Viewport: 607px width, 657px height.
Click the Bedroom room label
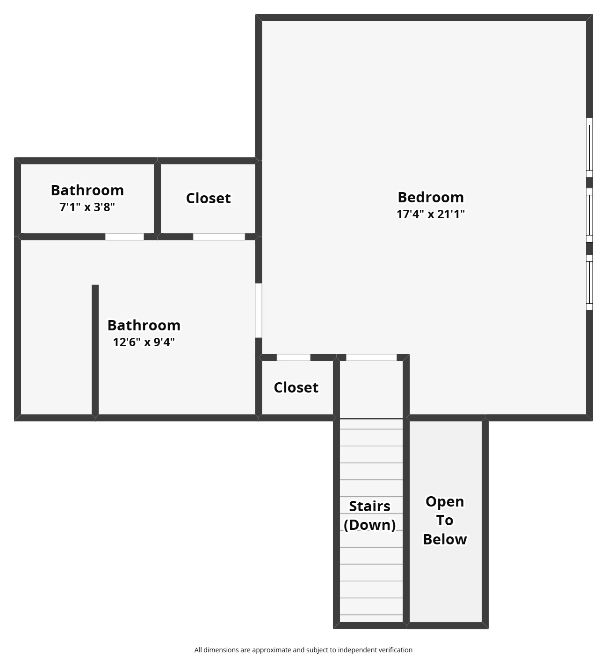430,197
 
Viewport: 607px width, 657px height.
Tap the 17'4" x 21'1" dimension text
430,214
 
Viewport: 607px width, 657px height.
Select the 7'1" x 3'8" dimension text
87,207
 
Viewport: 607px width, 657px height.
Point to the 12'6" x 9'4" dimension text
144,342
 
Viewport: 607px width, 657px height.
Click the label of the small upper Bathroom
87,190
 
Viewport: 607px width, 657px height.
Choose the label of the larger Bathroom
144,325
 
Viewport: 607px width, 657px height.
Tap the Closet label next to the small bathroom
208,198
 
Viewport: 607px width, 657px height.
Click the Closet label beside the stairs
296,387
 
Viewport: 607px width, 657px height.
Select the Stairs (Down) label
369,515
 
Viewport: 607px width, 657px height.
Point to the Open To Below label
445,520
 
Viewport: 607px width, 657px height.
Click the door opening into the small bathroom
124,237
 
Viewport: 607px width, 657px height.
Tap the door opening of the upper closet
219,237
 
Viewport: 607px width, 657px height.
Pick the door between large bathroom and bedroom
258,310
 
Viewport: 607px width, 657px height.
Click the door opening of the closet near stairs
294,357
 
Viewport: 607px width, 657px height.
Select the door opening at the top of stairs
371,357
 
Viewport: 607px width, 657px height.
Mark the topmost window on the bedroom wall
590,148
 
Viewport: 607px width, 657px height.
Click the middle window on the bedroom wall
590,215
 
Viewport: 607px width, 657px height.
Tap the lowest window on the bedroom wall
590,282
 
